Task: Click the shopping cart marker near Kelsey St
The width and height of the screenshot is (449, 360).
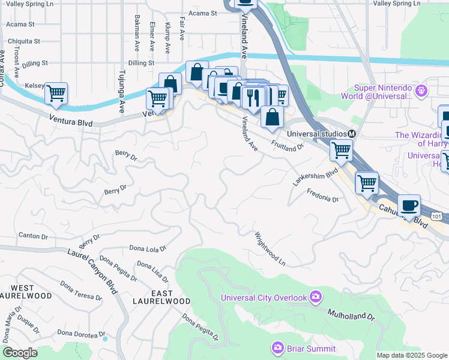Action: [x=56, y=93]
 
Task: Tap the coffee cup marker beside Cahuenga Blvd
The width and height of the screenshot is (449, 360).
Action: [x=409, y=205]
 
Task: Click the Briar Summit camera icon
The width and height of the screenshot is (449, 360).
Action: [x=277, y=347]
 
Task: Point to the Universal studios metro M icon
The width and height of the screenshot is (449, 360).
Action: [x=352, y=133]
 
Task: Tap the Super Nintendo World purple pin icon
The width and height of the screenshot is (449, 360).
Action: [x=421, y=91]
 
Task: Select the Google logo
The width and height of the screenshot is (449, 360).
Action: [x=20, y=352]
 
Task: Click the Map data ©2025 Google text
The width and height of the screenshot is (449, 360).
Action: [x=412, y=355]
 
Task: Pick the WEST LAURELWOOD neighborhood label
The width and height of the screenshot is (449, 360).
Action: [x=22, y=292]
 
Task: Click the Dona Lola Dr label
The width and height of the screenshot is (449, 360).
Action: [x=148, y=247]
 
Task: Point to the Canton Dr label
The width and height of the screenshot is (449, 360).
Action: [x=32, y=236]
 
